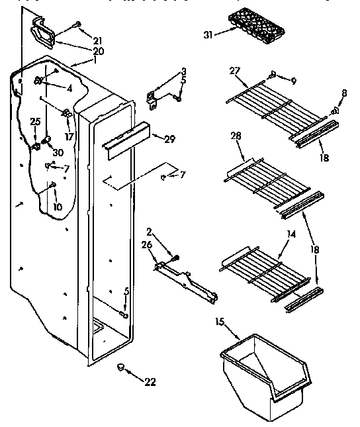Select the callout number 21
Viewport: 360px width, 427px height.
coord(98,39)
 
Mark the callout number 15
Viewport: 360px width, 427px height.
coord(220,323)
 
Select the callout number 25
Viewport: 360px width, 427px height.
coord(35,121)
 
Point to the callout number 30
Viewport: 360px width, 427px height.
coord(58,152)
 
